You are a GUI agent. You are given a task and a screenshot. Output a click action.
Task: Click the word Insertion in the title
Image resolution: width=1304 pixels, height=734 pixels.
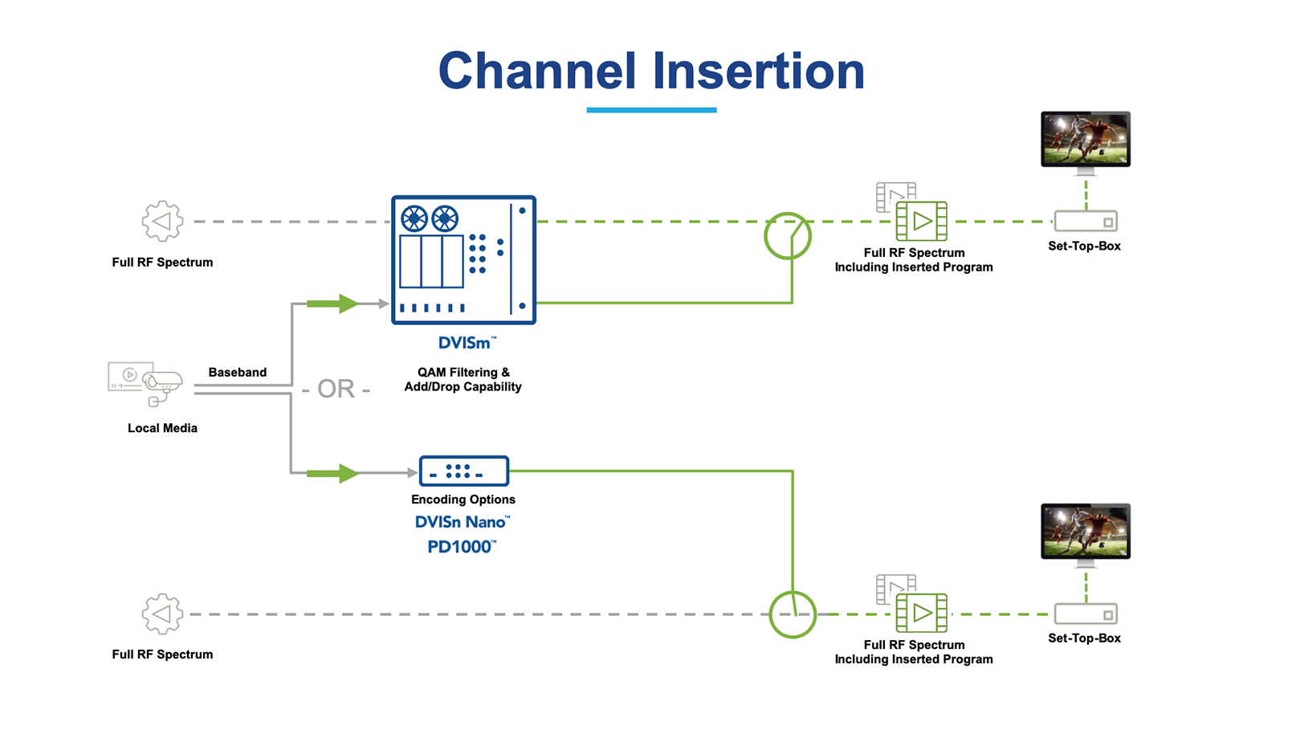point(758,71)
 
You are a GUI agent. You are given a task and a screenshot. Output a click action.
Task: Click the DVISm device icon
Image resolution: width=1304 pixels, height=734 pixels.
point(463,259)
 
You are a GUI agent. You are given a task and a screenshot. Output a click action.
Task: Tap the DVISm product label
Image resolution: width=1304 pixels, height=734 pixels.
point(466,343)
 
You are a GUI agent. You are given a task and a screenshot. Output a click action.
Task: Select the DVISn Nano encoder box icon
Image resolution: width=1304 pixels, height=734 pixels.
point(463,471)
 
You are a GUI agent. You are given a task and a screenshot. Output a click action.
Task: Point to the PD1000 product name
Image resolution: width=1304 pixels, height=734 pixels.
point(461,547)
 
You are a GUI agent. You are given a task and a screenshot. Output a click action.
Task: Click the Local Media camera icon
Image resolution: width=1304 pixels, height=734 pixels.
point(146,383)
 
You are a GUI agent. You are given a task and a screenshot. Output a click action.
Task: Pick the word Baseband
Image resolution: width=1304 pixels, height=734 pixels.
point(237,373)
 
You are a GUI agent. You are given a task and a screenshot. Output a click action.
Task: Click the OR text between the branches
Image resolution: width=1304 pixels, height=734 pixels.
point(336,389)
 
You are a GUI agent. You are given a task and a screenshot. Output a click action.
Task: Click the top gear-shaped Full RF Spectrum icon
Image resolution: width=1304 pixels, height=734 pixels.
point(162,221)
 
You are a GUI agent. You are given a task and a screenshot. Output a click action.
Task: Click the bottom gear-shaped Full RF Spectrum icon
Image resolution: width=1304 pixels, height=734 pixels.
point(162,614)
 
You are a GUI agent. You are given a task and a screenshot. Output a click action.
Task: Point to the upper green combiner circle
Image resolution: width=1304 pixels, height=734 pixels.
point(787,236)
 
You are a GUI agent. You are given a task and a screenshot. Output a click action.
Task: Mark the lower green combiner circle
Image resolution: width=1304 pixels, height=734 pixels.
point(793,614)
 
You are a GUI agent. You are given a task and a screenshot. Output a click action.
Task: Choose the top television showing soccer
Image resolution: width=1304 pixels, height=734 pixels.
point(1085,141)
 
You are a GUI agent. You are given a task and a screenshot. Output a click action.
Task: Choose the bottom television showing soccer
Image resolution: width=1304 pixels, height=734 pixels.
point(1085,532)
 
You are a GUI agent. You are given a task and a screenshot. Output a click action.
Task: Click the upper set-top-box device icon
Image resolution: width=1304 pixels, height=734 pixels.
point(1086,221)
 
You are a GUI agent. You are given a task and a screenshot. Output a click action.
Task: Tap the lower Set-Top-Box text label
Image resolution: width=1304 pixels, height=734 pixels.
point(1084,638)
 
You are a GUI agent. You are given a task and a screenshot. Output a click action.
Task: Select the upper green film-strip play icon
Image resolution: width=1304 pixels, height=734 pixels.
point(921,221)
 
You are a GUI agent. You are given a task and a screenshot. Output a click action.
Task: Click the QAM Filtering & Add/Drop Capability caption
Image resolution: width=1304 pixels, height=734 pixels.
point(463,380)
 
